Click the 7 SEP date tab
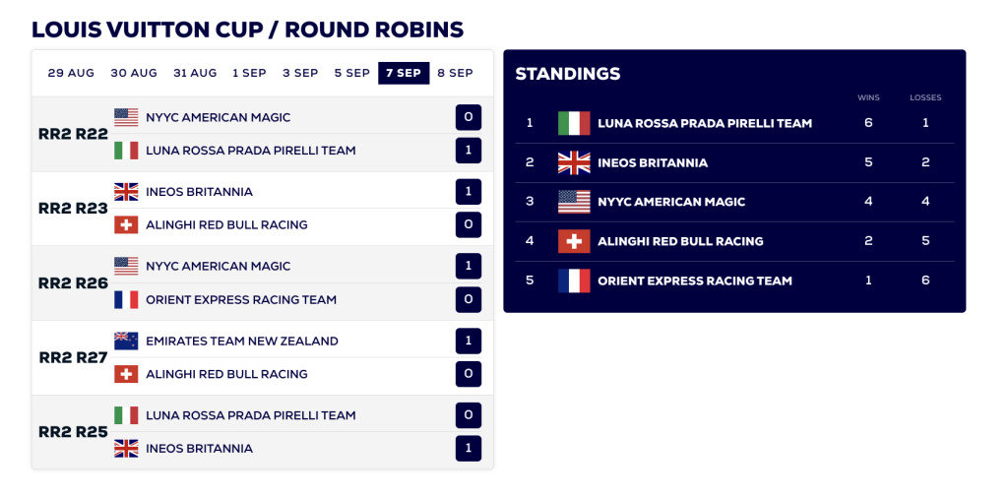coord(404,73)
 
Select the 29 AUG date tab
coord(71,73)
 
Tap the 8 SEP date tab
coord(455,73)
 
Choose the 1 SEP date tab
coord(249,73)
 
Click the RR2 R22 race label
coord(73,134)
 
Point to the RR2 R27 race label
coord(73,357)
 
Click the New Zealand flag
coord(126,341)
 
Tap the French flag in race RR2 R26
coord(126,299)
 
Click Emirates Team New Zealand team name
coord(242,342)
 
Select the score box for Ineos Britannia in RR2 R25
coord(469,448)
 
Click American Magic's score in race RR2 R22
coord(469,117)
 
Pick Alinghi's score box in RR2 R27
coord(469,374)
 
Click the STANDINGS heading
coord(568,74)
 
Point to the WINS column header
coord(868,97)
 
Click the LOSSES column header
coord(925,97)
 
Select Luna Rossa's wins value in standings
coord(868,123)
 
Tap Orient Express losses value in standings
coord(925,280)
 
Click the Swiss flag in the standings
coord(574,241)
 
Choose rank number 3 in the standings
coord(530,202)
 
